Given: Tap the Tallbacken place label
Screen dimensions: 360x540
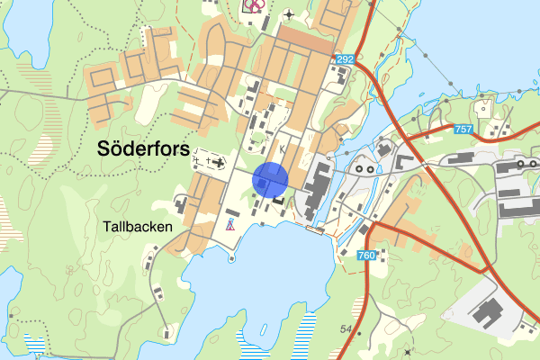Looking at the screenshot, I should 137,228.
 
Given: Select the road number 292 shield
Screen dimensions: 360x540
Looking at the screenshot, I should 345,59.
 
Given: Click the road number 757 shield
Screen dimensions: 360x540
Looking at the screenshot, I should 463,130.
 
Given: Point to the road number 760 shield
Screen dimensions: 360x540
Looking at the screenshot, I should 366,256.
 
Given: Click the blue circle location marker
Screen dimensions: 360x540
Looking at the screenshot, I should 269,179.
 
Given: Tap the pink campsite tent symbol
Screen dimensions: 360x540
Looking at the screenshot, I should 231,225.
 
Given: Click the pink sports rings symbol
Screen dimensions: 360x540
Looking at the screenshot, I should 255,5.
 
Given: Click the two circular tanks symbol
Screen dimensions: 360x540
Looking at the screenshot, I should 365,167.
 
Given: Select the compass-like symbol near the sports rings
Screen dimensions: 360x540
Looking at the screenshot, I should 288,13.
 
